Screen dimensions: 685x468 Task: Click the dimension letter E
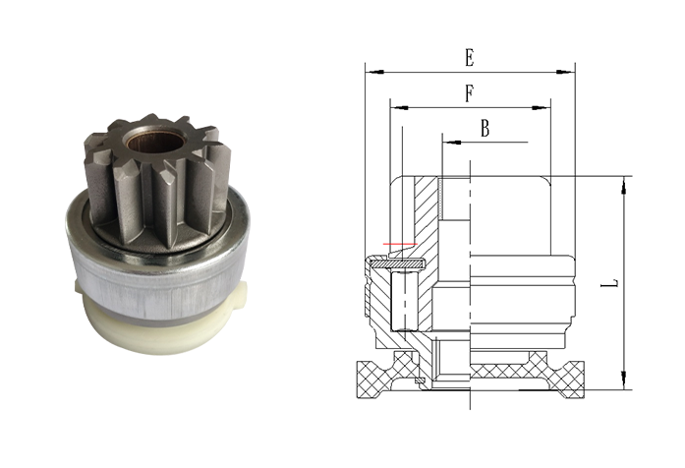point(469,58)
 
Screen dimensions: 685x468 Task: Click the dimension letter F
point(469,93)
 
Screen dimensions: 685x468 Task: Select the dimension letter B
point(485,129)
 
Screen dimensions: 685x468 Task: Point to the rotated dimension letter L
point(614,283)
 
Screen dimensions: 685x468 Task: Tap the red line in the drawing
point(401,244)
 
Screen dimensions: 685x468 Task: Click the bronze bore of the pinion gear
point(157,141)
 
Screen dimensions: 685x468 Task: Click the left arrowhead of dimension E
point(374,71)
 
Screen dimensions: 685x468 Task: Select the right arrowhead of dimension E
point(565,71)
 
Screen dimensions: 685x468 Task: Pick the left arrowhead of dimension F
point(400,107)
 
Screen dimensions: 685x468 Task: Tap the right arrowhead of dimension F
point(541,107)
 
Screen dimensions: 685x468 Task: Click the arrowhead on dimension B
point(452,142)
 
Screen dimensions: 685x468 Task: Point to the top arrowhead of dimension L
point(624,186)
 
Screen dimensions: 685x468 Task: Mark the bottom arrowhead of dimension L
point(624,380)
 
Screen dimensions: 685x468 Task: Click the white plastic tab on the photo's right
point(240,294)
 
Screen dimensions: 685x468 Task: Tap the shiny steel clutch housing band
point(157,279)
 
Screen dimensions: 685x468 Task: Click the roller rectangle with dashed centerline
point(405,301)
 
